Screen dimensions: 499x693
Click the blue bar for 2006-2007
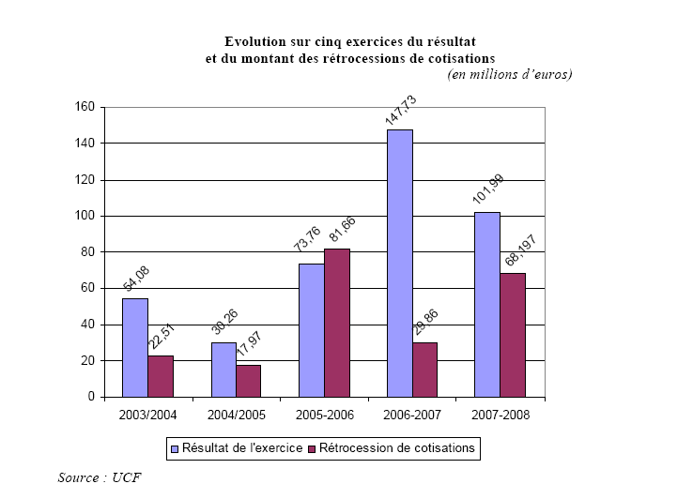399,263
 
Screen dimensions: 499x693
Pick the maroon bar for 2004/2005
248,381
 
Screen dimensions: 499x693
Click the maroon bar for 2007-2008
513,335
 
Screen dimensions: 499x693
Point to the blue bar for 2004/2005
223,370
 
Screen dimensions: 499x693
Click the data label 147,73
400,109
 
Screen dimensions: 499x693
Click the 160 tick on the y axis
85,107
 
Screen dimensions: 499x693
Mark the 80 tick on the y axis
87,252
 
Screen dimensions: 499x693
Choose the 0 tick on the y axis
91,397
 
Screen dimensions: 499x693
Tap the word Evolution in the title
254,41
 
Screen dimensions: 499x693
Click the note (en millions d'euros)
509,74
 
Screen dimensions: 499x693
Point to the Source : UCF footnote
93,477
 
